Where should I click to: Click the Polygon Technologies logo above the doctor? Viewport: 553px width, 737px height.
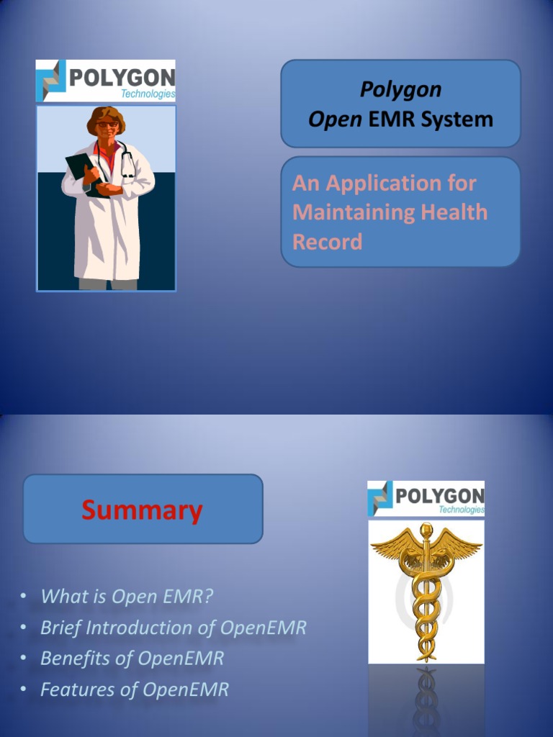(105, 81)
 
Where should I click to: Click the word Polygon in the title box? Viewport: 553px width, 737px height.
(400, 90)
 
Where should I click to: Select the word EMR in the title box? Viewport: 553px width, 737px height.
(392, 119)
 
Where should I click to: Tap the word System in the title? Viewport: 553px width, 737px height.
(457, 119)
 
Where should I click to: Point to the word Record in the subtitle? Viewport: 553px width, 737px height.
(327, 242)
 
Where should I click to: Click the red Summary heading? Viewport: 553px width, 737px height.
(142, 510)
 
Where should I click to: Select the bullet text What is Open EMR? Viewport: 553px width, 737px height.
(127, 596)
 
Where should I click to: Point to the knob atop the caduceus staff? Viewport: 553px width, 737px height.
(426, 530)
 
